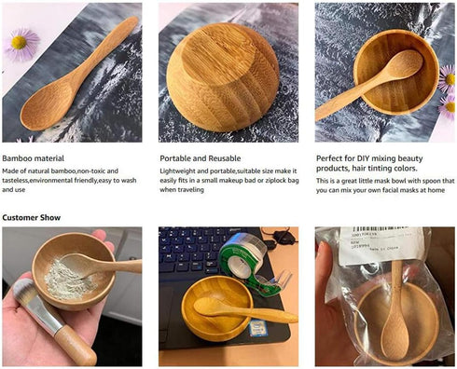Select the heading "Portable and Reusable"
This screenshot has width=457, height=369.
201,158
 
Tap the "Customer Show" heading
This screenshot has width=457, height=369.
33,217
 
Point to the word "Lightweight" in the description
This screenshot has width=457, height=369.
180,171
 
